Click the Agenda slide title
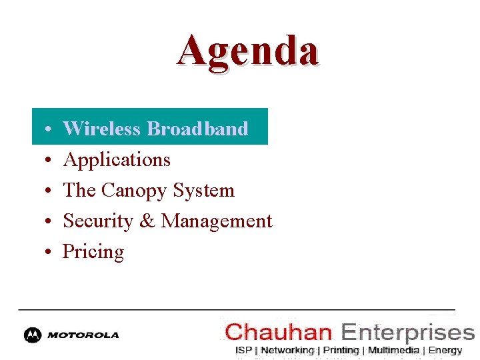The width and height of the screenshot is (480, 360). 248,51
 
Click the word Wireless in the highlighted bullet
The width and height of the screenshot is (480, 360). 101,129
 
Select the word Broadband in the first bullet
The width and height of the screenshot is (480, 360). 197,129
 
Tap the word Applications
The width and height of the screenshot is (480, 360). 117,160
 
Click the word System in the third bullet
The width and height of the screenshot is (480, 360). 203,191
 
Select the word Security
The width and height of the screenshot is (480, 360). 98,221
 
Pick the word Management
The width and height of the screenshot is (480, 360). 217,221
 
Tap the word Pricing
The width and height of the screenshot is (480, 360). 93,252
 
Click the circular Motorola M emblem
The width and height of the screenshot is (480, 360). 33,335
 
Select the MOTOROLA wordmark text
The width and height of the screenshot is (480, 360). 83,335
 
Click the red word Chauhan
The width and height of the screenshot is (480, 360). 278,331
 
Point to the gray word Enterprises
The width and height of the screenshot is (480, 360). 407,331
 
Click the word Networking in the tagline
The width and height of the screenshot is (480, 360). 287,350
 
